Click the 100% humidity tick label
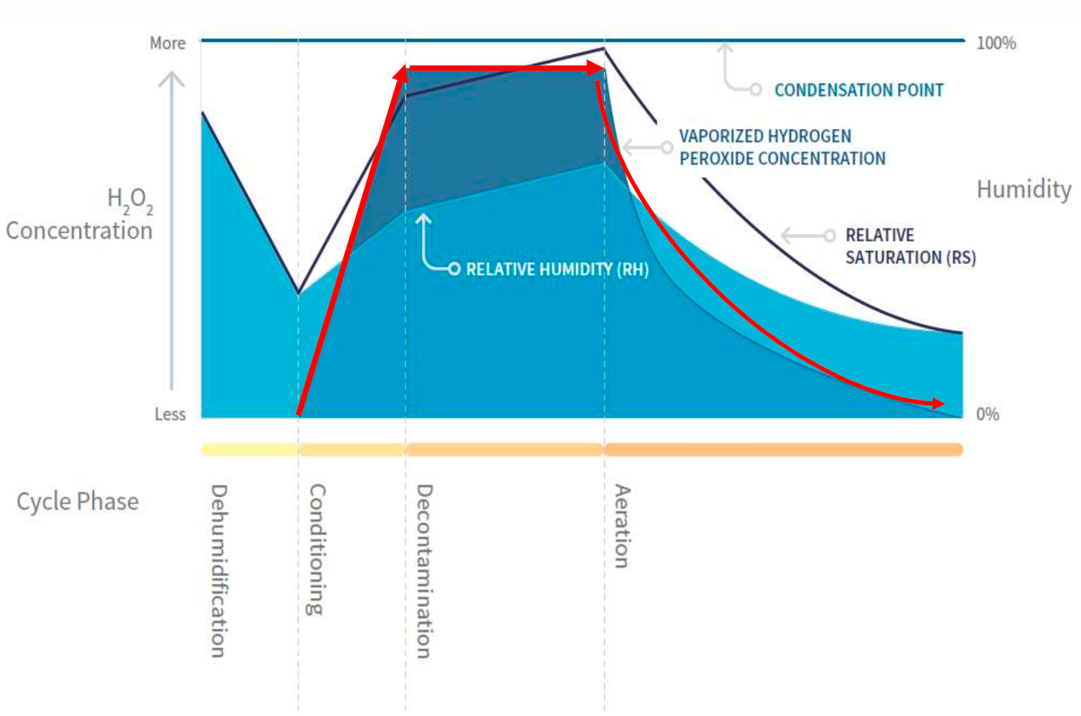pyautogui.click(x=995, y=43)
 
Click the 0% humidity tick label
pyautogui.click(x=987, y=414)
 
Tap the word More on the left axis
pyautogui.click(x=167, y=43)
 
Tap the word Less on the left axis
pyautogui.click(x=169, y=414)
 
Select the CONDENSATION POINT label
pyautogui.click(x=859, y=90)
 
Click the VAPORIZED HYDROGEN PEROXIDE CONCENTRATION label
pyautogui.click(x=782, y=147)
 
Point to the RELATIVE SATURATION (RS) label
pyautogui.click(x=910, y=246)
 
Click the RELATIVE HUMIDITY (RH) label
pyautogui.click(x=557, y=269)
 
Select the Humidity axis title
pyautogui.click(x=1023, y=189)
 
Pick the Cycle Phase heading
pyautogui.click(x=78, y=501)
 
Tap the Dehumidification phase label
pyautogui.click(x=218, y=571)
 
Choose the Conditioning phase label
pyautogui.click(x=317, y=549)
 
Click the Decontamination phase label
pyautogui.click(x=425, y=571)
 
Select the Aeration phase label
pyautogui.click(x=621, y=526)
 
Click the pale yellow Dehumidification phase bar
pyautogui.click(x=250, y=450)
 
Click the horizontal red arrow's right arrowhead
pyautogui.click(x=597, y=68)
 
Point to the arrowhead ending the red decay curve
pyautogui.click(x=938, y=403)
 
